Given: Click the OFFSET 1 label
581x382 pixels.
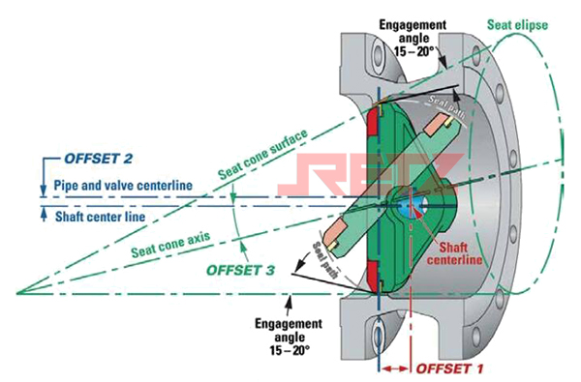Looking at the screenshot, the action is pos(449,368).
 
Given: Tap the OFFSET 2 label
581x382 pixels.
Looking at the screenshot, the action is pos(98,159).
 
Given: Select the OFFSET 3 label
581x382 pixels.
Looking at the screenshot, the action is pos(240,270).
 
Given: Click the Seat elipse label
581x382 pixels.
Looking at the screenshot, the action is pos(517,25).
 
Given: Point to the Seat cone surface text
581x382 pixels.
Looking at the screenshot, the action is pos(262,155).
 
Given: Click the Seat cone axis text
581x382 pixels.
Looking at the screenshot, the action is pos(170,245).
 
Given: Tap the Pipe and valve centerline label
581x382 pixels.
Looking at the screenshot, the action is pos(123,185).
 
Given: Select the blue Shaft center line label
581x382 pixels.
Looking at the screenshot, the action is pos(100,217).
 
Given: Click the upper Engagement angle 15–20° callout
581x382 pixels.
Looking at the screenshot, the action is pos(413,38).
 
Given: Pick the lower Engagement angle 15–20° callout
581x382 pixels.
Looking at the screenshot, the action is pos(289,337).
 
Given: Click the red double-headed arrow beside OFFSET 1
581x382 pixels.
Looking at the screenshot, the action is pos(395,368).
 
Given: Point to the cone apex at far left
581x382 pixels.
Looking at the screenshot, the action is pos(17,294).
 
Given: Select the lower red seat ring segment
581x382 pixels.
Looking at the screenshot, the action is pos(373,276).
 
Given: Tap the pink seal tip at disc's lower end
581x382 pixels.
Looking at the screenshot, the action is pos(336,232).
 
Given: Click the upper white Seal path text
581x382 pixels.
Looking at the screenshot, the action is pos(446,107).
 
